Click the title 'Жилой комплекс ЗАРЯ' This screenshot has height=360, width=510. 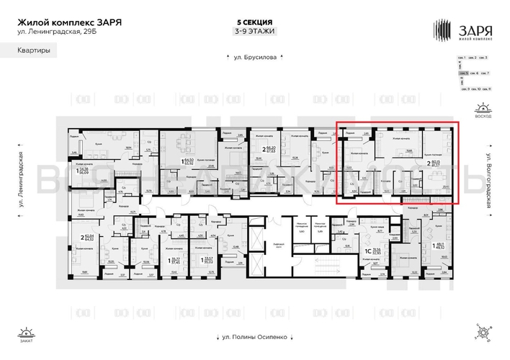click(x=69, y=22)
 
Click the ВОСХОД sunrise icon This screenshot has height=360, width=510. click(x=483, y=111)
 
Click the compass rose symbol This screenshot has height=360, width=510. click(x=482, y=332)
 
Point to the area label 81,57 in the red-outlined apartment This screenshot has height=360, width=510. click(x=436, y=167)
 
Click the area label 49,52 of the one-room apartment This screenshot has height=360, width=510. click(x=441, y=248)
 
